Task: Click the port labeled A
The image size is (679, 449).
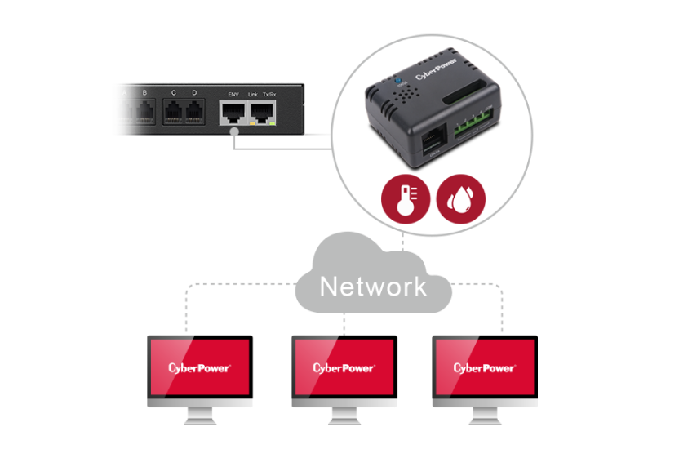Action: coord(124,112)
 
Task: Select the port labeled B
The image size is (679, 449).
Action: coord(144,112)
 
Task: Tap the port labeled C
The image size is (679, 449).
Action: coord(173,112)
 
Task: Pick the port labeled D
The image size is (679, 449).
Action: coord(194,112)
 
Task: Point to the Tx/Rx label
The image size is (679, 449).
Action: coord(268,94)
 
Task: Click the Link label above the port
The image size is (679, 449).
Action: coord(252,94)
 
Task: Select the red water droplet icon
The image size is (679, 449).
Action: coord(461,198)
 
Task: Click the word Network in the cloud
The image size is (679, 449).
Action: coord(372,287)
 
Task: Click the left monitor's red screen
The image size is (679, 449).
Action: coord(200,367)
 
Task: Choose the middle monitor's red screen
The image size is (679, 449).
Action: coord(344,367)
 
